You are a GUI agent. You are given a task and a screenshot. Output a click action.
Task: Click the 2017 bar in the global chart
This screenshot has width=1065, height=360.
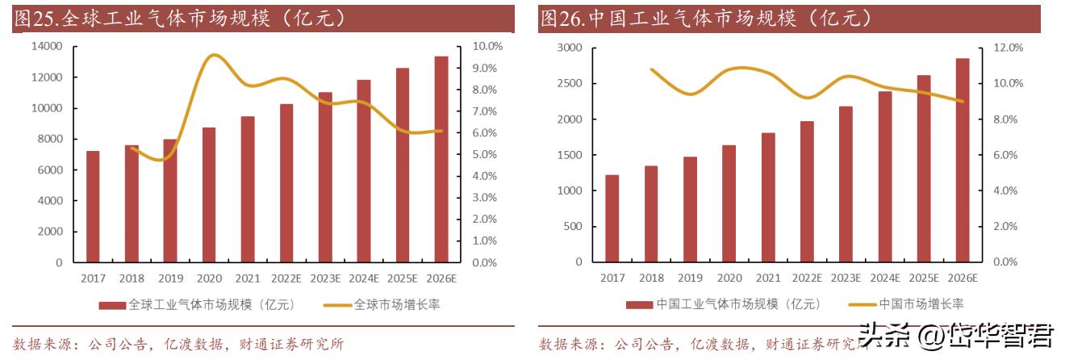[93, 207]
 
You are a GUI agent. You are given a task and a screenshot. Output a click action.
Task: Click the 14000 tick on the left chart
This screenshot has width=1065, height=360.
[48, 47]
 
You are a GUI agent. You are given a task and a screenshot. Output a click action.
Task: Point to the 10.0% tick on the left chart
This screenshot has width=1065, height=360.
[487, 47]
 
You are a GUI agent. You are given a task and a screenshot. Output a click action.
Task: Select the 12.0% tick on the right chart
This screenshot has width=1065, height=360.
[1007, 48]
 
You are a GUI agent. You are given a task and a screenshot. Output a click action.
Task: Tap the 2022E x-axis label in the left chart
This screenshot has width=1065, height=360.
[286, 278]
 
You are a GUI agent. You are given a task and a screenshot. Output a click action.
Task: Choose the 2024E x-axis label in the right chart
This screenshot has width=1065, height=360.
[885, 278]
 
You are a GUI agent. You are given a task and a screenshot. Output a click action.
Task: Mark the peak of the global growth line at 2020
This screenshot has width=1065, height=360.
[213, 55]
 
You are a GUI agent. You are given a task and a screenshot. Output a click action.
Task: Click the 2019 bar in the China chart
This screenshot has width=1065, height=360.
[691, 210]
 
